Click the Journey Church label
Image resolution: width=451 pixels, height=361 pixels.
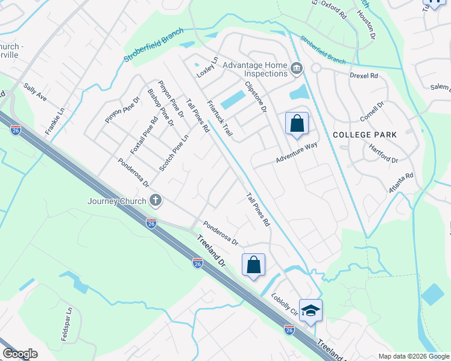tap(117, 201)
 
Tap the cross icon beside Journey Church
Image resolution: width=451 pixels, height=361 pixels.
tap(156, 200)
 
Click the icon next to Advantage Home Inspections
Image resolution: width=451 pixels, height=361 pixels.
tap(296, 69)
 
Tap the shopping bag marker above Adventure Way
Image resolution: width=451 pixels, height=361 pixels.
tap(297, 125)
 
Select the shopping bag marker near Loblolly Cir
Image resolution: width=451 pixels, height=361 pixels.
tap(254, 265)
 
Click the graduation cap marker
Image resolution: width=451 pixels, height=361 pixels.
tap(311, 311)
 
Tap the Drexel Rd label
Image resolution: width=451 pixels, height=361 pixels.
tap(364, 76)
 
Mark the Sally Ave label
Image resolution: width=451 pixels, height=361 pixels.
tap(35, 92)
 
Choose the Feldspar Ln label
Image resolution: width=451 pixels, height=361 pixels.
tap(66, 325)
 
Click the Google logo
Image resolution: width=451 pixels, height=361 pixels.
tap(20, 354)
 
